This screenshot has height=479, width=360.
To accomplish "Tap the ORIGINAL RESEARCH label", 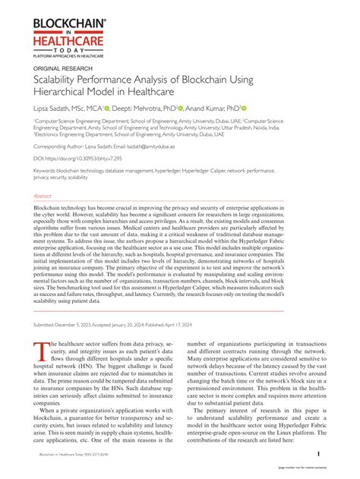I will [x=60, y=68].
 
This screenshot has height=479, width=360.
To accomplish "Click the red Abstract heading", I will [x=43, y=195].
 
